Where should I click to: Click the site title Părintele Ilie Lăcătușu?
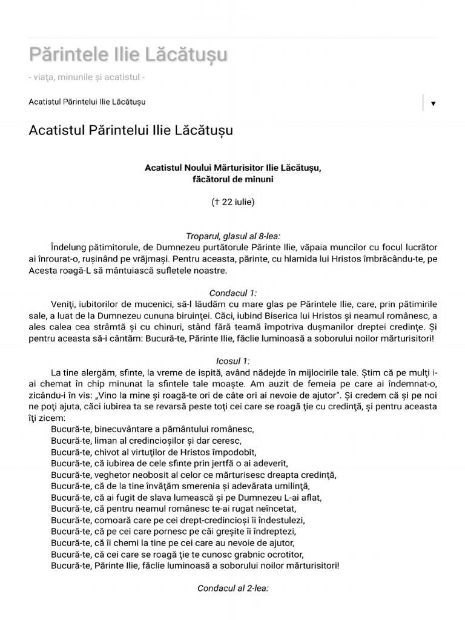(128, 54)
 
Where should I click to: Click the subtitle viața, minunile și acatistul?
(87, 77)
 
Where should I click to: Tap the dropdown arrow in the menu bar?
(433, 104)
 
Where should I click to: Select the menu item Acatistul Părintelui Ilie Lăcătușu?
(87, 102)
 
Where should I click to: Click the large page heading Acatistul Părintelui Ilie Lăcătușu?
(130, 131)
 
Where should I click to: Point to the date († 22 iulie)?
(232, 202)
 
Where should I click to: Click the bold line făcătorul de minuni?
(232, 179)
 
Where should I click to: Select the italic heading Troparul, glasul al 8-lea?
(232, 236)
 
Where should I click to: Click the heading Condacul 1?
(232, 292)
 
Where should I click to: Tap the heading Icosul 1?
(232, 360)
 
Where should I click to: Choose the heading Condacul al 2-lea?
(232, 588)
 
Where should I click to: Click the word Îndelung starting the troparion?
(70, 248)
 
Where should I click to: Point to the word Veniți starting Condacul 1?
(65, 304)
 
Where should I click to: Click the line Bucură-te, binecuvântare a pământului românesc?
(153, 429)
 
